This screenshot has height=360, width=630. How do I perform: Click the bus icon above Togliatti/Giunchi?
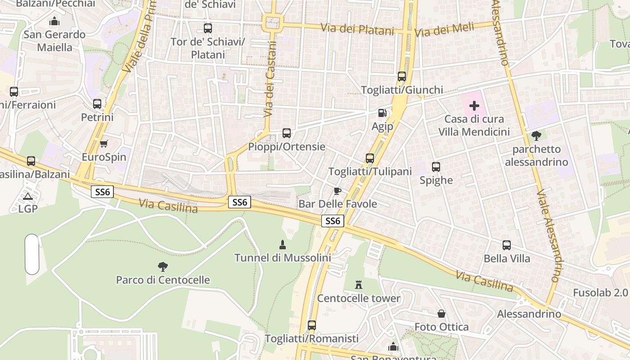402,76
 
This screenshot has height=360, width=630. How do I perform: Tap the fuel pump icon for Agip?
382,113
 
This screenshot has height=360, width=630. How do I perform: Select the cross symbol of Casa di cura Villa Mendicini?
474,106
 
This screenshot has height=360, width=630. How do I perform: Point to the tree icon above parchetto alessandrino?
536,135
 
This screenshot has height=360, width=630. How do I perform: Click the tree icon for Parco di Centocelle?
162,266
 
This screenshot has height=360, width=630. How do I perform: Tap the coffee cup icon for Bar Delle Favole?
337,191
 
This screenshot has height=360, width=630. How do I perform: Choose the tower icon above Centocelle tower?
359,285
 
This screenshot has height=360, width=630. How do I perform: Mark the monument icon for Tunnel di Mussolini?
283,244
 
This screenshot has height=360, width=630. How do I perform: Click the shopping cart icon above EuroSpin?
104,144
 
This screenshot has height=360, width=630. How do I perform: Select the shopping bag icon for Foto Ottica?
441,314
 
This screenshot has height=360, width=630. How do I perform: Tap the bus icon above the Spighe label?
436,167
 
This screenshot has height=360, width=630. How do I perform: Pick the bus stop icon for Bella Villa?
507,245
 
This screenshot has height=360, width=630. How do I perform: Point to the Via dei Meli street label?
444,30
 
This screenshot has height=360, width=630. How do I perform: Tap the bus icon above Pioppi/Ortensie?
287,133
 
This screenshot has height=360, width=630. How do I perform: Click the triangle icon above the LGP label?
28,196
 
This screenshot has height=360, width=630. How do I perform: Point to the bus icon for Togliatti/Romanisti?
312,325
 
